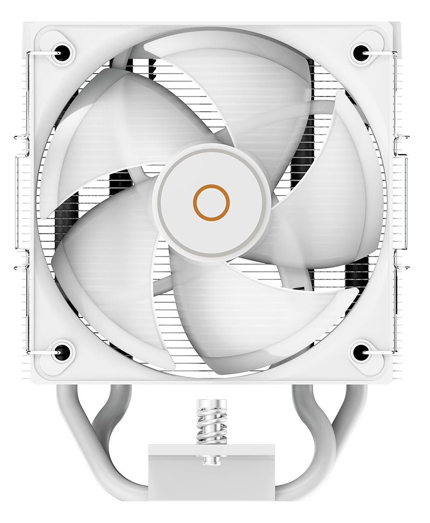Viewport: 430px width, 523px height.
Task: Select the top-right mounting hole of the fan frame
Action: coord(360,53)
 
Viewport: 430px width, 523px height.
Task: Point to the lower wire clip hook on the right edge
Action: coord(404,268)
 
